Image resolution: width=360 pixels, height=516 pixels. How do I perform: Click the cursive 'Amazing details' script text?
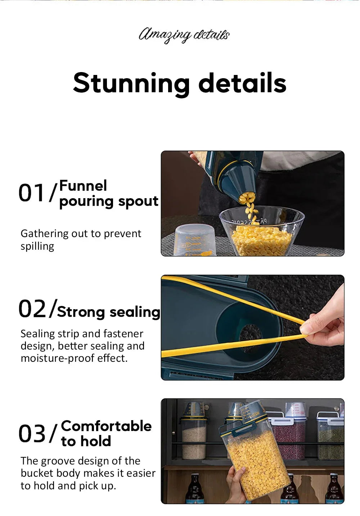(184, 35)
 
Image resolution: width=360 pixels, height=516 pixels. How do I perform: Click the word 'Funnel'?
(83, 186)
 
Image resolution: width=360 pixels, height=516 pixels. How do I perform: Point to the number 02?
(32, 309)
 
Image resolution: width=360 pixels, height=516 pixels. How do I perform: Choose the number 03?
(32, 433)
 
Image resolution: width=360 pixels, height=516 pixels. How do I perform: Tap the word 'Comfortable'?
(106, 426)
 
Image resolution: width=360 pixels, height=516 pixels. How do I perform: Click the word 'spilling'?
(37, 246)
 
